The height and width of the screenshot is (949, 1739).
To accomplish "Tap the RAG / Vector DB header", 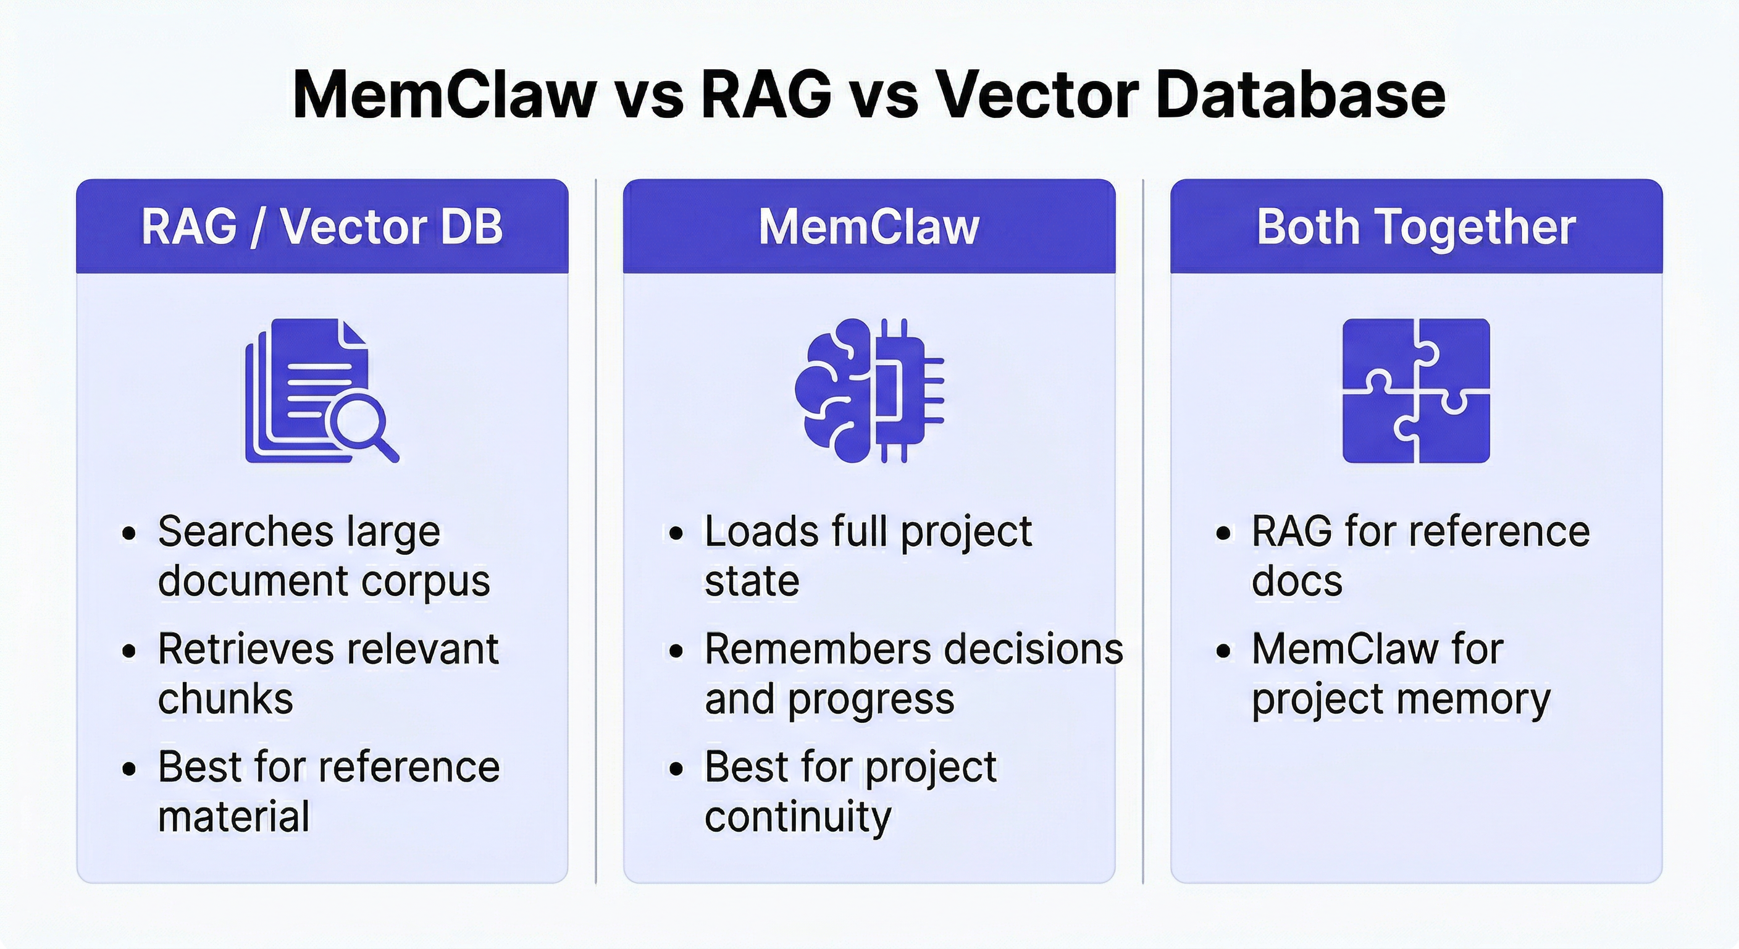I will click(322, 226).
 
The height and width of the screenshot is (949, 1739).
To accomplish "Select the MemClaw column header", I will click(869, 226).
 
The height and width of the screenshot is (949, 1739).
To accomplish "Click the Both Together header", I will click(1415, 226).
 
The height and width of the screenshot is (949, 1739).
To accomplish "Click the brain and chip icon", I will click(869, 390).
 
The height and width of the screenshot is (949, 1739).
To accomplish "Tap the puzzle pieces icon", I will click(1415, 390).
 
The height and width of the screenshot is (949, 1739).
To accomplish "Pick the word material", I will click(233, 816).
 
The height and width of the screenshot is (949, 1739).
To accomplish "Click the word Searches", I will click(246, 531).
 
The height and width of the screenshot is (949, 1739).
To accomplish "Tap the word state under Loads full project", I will click(752, 581).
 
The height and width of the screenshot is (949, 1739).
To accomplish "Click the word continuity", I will click(798, 816).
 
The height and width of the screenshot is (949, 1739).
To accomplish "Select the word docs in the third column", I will click(1297, 581).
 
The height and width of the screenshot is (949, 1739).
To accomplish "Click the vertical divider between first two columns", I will click(595, 530).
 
